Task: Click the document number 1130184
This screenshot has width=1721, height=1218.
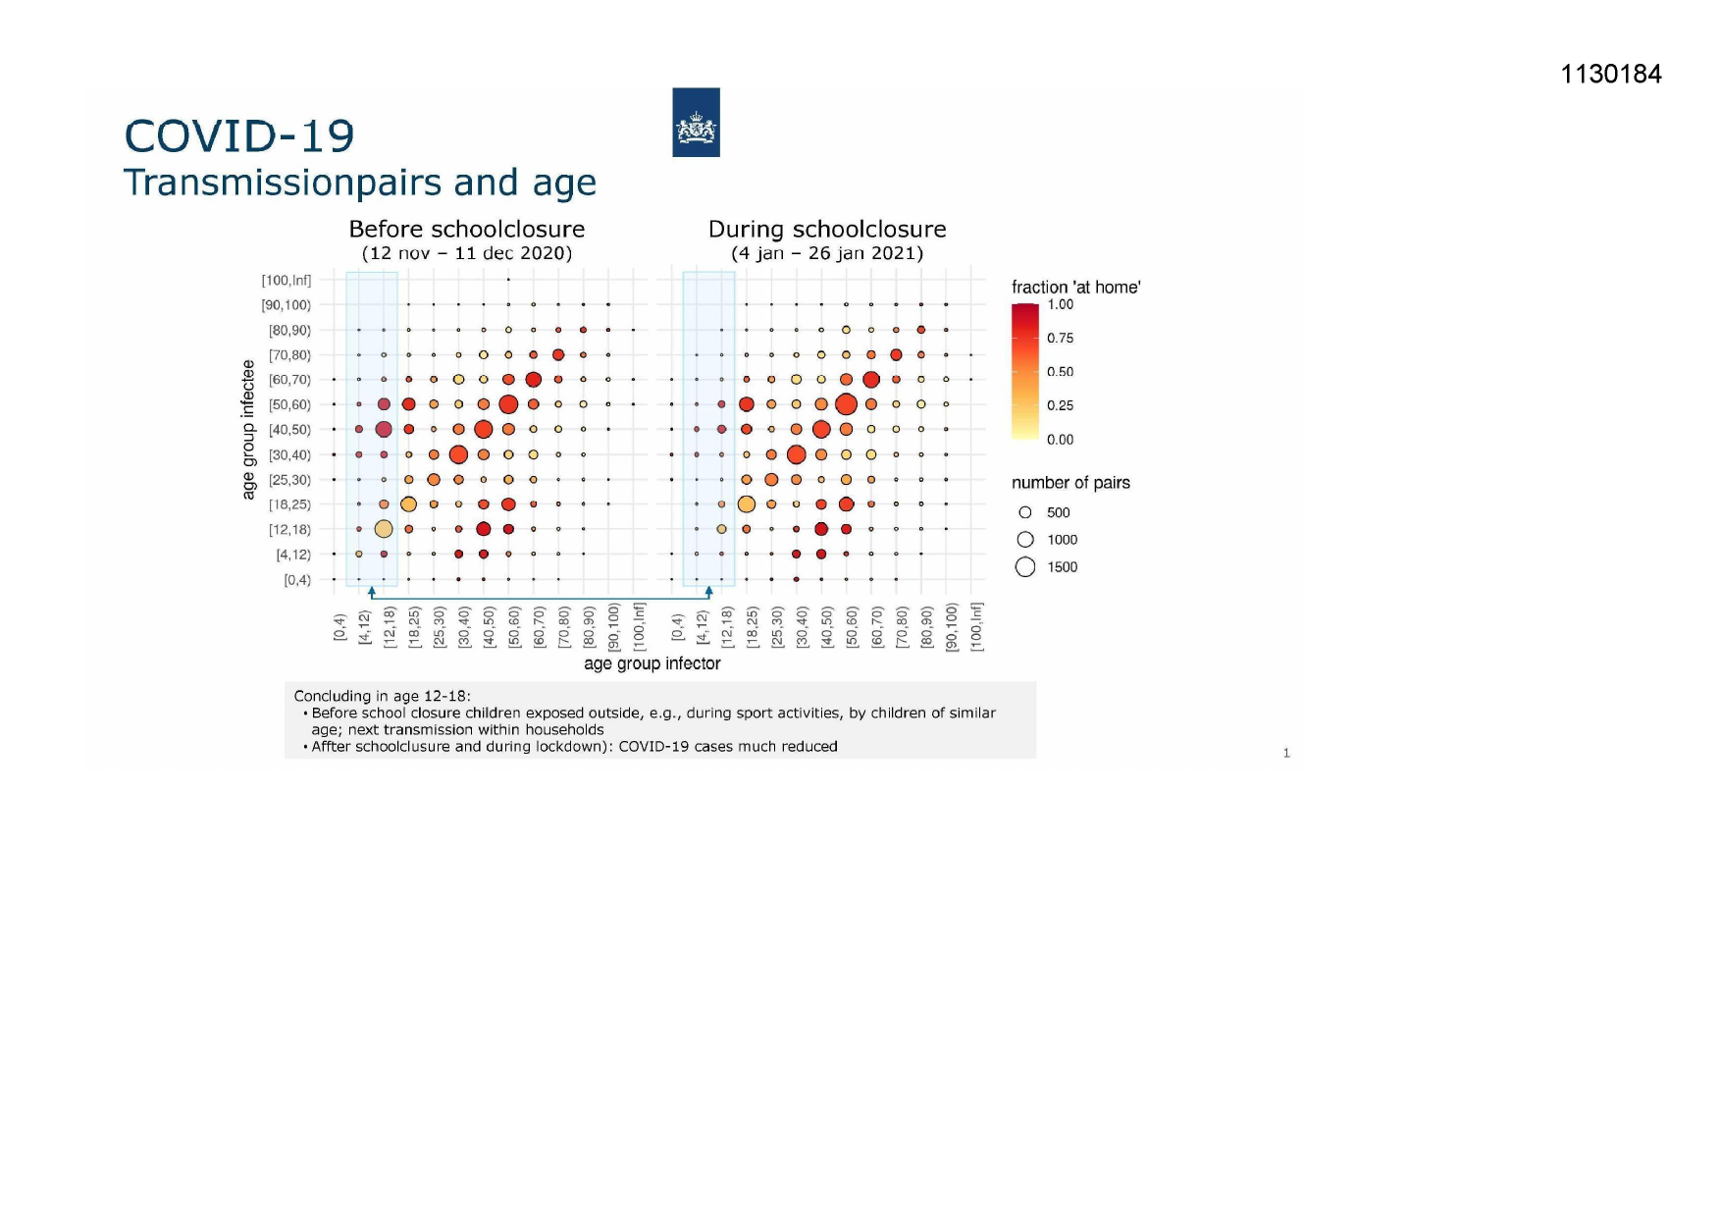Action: (1610, 75)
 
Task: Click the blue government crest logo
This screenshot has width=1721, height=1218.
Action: (696, 123)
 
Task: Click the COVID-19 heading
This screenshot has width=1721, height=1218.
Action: (239, 136)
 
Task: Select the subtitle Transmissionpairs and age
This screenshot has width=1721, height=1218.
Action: (359, 183)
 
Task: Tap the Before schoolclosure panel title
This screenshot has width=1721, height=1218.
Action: (467, 230)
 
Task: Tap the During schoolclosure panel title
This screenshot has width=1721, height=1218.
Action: (827, 230)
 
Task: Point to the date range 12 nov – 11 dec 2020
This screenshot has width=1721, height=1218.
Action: (467, 253)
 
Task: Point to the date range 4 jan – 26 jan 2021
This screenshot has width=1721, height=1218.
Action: (827, 253)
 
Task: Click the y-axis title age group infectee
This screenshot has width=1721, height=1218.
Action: (249, 429)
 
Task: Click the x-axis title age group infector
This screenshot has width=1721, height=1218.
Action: (652, 663)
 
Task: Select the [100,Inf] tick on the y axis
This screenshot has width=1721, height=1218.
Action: (286, 281)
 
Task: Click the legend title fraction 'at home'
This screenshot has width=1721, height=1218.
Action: (1075, 288)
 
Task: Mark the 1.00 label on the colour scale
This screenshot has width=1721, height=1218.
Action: (1060, 304)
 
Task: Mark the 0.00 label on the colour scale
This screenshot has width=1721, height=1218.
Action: (1060, 440)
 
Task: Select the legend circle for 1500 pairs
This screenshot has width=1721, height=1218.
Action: (1025, 567)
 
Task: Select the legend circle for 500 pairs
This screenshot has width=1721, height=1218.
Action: (1025, 512)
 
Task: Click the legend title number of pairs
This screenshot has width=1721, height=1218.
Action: (1070, 483)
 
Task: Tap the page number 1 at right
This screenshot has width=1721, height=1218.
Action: (1286, 753)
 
